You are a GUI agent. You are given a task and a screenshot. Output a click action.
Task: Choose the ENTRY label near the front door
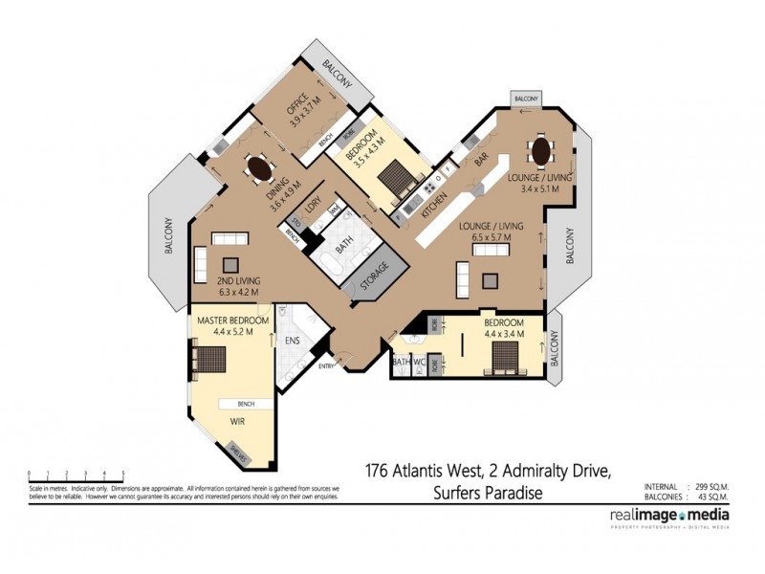(327, 365)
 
